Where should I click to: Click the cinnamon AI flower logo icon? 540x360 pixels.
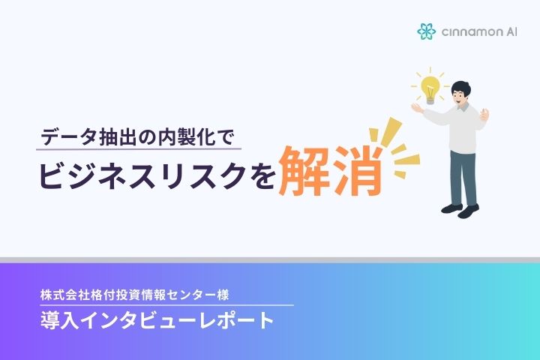point(426,31)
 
